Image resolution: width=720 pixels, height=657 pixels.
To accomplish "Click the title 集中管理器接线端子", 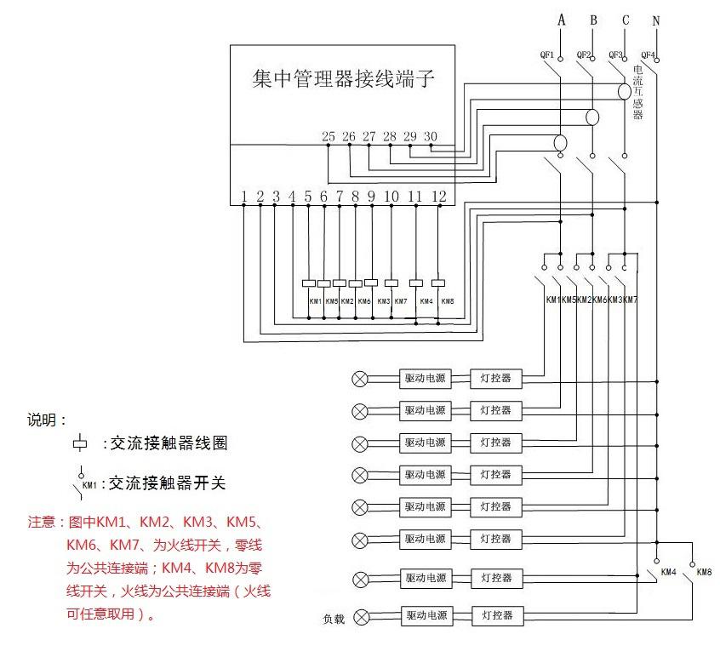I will [x=345, y=80].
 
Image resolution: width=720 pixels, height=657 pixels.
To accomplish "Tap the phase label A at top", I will [x=561, y=19].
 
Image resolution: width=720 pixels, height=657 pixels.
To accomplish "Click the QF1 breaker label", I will [x=547, y=55].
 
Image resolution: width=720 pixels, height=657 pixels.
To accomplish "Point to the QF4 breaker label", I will [x=648, y=55].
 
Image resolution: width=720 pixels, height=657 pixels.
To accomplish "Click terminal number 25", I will [x=329, y=136].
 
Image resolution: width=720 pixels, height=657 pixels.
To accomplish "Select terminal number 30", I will [x=431, y=136].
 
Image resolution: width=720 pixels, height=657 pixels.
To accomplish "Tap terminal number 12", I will [x=438, y=197].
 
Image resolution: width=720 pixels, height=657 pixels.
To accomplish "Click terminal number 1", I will [x=244, y=197].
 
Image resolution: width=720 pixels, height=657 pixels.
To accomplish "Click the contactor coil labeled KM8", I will [x=439, y=283].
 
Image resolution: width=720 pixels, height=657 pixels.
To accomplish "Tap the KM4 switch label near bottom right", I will [x=668, y=571].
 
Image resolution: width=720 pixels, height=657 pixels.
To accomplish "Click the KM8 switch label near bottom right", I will [x=704, y=571].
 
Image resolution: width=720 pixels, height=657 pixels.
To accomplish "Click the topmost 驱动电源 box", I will [x=425, y=379].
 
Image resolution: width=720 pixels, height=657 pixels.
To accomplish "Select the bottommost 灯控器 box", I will [x=496, y=615].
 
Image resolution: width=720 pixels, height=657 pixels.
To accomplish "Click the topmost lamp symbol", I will [x=360, y=379].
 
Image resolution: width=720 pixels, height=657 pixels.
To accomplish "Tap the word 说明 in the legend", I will [x=44, y=420].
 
